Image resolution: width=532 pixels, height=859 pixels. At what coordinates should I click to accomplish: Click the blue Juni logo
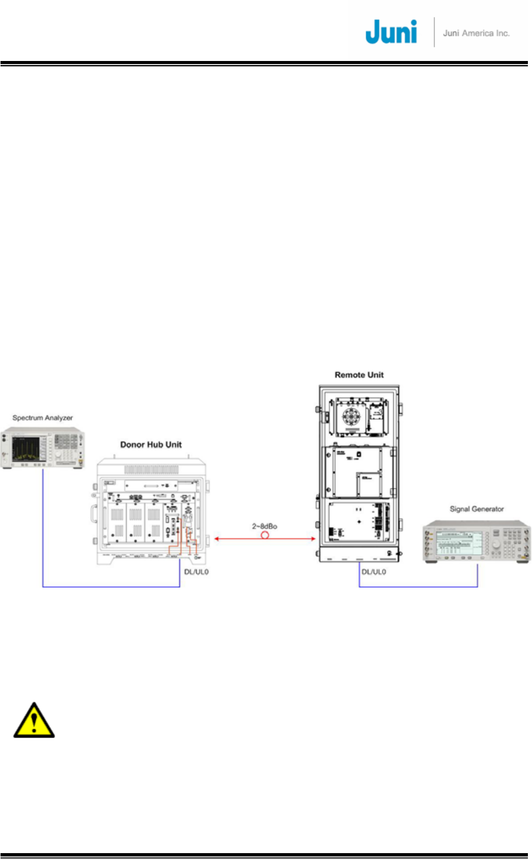click(x=391, y=32)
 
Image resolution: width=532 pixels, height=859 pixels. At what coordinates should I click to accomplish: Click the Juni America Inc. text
click(x=476, y=33)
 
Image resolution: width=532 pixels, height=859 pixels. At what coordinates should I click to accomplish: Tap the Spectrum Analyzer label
click(x=43, y=418)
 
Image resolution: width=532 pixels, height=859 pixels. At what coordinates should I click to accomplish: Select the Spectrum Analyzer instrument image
click(x=43, y=449)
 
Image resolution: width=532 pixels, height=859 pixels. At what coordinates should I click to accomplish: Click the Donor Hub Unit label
click(x=151, y=444)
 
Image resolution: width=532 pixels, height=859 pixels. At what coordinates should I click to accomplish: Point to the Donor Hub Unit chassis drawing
click(x=151, y=510)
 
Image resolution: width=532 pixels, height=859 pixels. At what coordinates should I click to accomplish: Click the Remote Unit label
click(x=359, y=375)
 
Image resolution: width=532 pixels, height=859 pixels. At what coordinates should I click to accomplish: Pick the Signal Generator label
click(x=476, y=509)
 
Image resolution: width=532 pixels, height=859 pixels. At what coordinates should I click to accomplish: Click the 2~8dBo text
click(x=265, y=526)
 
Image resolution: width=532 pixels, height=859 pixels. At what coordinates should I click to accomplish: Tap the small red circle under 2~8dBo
click(x=265, y=535)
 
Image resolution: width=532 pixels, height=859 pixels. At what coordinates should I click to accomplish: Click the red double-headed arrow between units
click(x=234, y=538)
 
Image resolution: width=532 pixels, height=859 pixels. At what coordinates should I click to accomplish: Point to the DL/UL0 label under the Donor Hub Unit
click(x=196, y=572)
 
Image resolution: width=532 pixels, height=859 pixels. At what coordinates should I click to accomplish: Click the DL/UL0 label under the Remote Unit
click(x=374, y=572)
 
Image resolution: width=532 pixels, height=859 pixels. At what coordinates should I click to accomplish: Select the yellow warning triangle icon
click(x=34, y=721)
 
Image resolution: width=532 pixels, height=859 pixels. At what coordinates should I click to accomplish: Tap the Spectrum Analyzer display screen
click(x=26, y=449)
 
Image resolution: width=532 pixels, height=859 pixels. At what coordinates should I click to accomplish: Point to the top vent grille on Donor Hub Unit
click(x=151, y=470)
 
